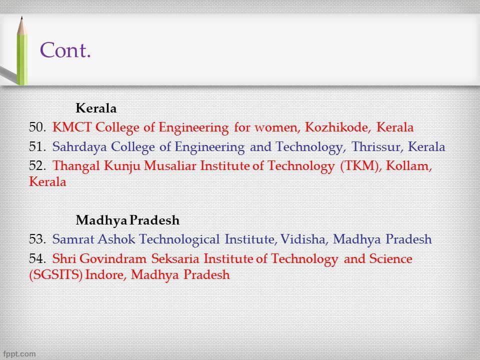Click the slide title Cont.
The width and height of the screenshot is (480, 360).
click(x=65, y=50)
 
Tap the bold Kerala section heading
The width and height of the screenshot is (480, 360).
click(x=96, y=108)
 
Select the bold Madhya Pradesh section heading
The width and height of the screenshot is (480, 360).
click(x=127, y=220)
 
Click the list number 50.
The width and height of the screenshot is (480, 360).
click(x=37, y=127)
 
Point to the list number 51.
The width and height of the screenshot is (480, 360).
click(x=37, y=147)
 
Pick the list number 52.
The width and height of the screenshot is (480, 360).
click(x=37, y=166)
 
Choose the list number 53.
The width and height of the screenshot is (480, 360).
click(x=37, y=239)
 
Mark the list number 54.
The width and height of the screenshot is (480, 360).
click(x=37, y=259)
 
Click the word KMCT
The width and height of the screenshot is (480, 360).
click(x=72, y=127)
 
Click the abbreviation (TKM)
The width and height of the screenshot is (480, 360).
click(x=360, y=166)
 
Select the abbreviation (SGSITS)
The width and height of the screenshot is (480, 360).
click(x=55, y=274)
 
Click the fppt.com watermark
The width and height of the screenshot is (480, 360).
click(x=19, y=353)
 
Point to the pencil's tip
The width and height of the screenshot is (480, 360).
click(x=20, y=19)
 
